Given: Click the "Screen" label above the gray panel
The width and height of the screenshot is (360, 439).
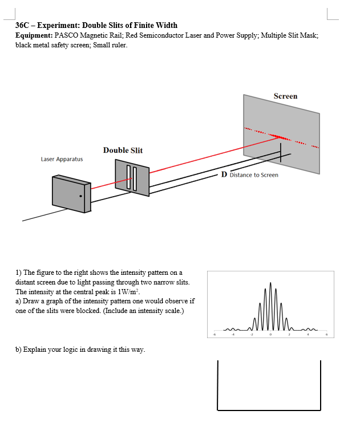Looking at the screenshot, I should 285,96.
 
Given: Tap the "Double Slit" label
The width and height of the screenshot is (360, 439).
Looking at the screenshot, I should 123,151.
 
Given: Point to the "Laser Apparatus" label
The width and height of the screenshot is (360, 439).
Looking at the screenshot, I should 62,159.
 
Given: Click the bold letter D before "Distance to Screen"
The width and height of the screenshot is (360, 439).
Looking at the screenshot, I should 224,174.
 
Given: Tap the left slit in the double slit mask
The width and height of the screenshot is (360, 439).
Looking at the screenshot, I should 129,177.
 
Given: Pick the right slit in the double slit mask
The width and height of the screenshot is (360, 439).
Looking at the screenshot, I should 135,178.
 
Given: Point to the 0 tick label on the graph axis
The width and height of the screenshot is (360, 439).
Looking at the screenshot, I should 270,335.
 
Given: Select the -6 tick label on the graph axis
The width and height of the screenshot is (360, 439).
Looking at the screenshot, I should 215,335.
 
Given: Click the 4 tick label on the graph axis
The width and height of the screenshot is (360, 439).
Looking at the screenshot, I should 308,335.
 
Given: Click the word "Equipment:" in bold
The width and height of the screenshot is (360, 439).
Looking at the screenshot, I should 34,35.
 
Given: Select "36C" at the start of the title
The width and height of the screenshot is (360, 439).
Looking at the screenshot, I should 22,25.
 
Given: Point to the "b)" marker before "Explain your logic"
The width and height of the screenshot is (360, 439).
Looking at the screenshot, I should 19,349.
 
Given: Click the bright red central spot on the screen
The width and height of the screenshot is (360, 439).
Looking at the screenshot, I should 279,136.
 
